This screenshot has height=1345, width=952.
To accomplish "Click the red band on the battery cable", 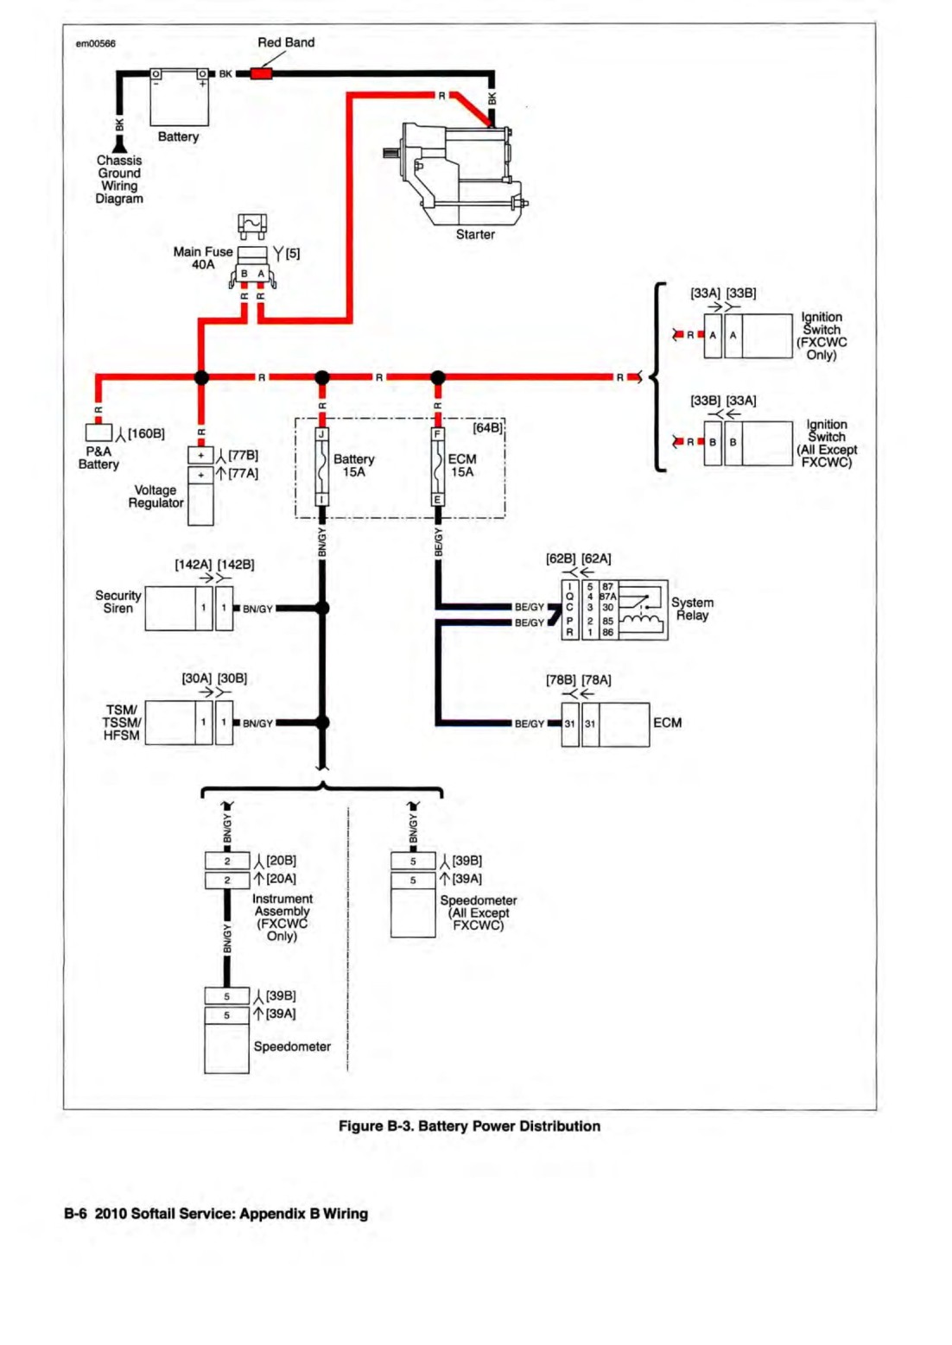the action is coord(262,74).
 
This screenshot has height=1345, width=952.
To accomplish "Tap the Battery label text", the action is coord(178,137).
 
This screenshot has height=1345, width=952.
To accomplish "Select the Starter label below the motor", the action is coord(475,235).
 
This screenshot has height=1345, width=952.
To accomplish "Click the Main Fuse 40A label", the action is coord(202,258).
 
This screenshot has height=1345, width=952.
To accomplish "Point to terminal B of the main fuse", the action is coord(244,274).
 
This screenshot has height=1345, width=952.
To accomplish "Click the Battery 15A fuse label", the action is coord(354,466).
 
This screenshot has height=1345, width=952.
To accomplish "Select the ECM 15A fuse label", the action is coord(462,466).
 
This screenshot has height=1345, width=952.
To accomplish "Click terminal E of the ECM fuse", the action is coord(437,500).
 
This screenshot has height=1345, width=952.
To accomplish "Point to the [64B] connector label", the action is coord(487,428).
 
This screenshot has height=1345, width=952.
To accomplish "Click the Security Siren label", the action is coord(117,603).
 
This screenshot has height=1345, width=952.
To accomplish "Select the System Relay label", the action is coord(692,609).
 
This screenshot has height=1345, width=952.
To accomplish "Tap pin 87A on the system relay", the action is coord(607,597).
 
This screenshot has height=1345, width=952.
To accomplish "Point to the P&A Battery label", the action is coord(98,458).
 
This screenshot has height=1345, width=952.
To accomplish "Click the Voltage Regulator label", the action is coord(155,496).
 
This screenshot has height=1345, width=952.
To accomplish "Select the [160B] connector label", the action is coord(146,433).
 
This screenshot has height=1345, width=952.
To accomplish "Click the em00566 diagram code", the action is coord(96,44).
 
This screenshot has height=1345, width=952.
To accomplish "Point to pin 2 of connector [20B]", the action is coord(227,861).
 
